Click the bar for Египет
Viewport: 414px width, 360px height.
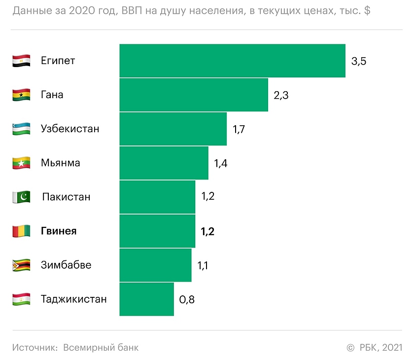tap(232, 61)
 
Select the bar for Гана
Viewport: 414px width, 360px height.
tap(194, 95)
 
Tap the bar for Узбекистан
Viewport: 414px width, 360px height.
tap(173, 129)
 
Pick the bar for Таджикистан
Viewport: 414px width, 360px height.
tap(146, 299)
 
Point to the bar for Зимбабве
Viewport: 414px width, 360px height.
tap(155, 265)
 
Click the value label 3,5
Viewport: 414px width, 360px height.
tap(359, 62)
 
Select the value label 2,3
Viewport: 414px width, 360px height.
tap(281, 95)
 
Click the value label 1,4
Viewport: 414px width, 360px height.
tap(220, 163)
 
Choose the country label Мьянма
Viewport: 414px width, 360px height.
tap(61, 163)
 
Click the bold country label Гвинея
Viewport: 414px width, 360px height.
tap(59, 231)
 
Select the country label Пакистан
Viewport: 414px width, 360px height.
tap(66, 197)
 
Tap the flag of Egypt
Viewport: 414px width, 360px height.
tap(21, 61)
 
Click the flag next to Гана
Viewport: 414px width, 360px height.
tap(21, 95)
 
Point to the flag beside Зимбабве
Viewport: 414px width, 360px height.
tap(21, 265)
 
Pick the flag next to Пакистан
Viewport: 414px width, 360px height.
tap(21, 197)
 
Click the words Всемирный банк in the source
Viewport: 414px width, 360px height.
tap(101, 347)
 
